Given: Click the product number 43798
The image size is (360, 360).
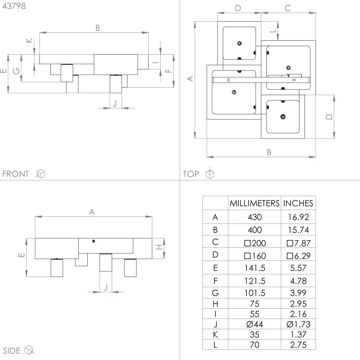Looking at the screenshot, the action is click(x=14, y=6).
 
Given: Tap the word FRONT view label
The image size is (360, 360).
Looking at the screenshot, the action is click(x=16, y=174).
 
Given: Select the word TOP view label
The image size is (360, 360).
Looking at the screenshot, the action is click(x=191, y=174).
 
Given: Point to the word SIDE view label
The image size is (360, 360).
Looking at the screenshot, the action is click(x=12, y=351).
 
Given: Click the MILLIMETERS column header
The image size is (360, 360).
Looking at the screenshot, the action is click(x=255, y=203).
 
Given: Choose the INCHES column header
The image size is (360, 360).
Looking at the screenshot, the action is click(x=298, y=203).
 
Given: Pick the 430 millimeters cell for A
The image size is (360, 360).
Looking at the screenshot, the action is click(x=255, y=217).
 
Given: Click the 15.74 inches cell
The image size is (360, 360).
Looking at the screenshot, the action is click(x=298, y=230).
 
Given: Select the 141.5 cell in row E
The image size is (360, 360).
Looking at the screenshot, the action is click(x=255, y=268).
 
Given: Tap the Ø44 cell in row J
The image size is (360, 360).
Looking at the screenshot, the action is click(x=255, y=324).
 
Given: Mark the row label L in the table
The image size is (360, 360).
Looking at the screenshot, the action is click(x=215, y=345).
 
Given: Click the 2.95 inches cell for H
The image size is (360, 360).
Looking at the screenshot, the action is click(x=298, y=304).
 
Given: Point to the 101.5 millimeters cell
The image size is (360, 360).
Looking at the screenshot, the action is click(x=255, y=293).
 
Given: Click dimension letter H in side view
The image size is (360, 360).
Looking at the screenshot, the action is click(x=159, y=247).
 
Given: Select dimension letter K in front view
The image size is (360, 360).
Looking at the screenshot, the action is click(x=29, y=41).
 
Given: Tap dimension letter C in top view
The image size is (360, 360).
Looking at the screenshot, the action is click(x=288, y=8).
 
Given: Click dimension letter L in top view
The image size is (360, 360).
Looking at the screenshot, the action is click(x=272, y=31).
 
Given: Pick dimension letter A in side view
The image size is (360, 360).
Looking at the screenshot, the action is click(x=91, y=212).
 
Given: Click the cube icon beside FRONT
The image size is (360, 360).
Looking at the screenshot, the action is click(x=40, y=174).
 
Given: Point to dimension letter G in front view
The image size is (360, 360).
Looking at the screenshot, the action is click(x=16, y=71).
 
